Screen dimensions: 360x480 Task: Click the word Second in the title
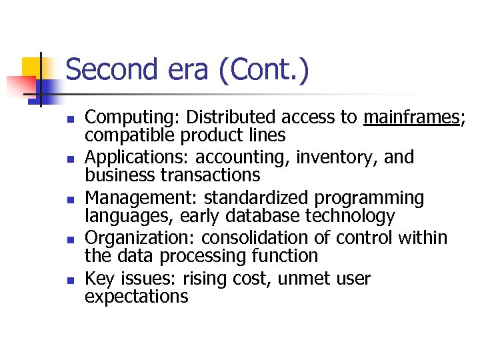click(x=112, y=70)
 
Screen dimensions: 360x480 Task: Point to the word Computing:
click(x=133, y=118)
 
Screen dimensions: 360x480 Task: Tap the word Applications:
click(x=138, y=158)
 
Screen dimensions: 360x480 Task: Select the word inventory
click(x=330, y=158)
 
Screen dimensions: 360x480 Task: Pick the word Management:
click(x=142, y=199)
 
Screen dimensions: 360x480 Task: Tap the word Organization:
click(x=141, y=239)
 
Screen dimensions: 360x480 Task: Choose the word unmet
click(x=302, y=279)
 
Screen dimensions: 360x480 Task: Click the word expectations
click(x=137, y=296)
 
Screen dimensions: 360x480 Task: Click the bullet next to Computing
click(x=69, y=119)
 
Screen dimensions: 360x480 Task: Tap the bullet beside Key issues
click(x=69, y=280)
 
